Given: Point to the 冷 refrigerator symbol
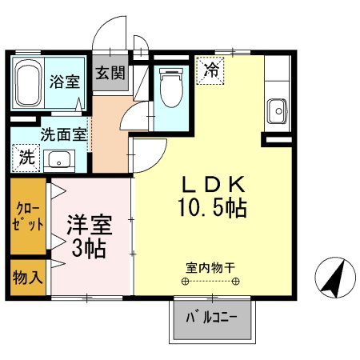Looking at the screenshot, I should (x=212, y=70).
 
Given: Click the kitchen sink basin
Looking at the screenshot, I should (x=278, y=108).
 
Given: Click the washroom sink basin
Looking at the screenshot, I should (x=58, y=160).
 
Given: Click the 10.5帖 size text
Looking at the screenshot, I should (x=211, y=209).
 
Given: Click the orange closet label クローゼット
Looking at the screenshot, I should (x=27, y=217).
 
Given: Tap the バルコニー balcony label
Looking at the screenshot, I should (x=213, y=318).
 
